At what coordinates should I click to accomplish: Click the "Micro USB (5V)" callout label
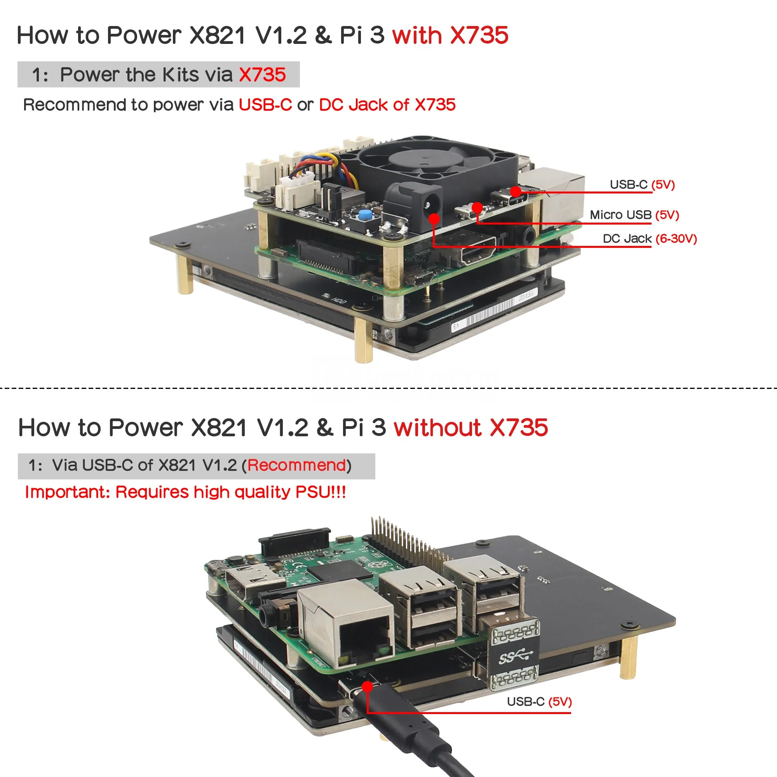(634, 215)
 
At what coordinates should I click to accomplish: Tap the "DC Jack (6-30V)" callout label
(650, 239)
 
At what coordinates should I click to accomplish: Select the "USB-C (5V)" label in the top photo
(642, 185)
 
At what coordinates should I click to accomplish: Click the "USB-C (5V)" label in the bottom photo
(539, 701)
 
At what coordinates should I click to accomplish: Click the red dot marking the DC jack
(434, 219)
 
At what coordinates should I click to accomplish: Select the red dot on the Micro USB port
(477, 207)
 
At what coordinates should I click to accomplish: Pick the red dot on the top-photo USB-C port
(516, 192)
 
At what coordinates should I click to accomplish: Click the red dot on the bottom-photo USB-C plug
(367, 686)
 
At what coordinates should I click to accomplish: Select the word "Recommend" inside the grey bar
(296, 465)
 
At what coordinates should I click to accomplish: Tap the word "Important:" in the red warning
(68, 492)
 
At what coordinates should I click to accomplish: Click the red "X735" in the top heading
(479, 35)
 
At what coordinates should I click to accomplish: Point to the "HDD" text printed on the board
(339, 300)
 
